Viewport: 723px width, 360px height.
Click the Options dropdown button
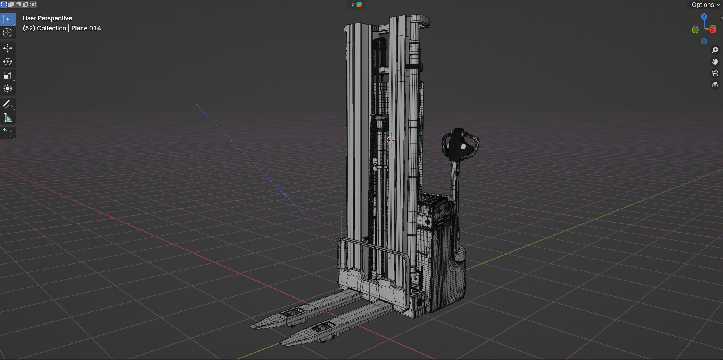click(x=705, y=5)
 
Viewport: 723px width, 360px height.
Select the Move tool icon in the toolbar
click(x=8, y=48)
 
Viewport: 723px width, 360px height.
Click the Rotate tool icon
click(x=8, y=62)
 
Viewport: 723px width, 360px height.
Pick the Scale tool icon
click(x=8, y=75)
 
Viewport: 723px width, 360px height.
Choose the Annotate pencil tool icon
click(x=8, y=104)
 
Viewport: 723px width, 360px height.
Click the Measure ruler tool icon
click(x=8, y=118)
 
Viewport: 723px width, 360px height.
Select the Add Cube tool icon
click(x=8, y=133)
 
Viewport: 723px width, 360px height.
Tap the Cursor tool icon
click(x=8, y=33)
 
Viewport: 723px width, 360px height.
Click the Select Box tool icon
click(x=8, y=19)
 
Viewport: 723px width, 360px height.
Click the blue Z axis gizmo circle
click(x=704, y=17)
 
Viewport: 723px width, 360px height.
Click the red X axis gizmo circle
click(x=713, y=30)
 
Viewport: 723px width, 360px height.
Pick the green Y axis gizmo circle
click(x=695, y=30)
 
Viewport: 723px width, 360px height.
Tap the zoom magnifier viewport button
click(x=715, y=50)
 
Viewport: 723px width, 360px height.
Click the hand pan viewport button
click(x=715, y=62)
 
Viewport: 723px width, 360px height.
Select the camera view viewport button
click(x=715, y=73)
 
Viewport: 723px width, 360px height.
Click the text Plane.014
click(x=86, y=28)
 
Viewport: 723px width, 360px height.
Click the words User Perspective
click(x=47, y=18)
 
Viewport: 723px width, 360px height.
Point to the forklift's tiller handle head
click(x=460, y=144)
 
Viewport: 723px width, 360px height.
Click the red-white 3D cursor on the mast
click(x=391, y=141)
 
